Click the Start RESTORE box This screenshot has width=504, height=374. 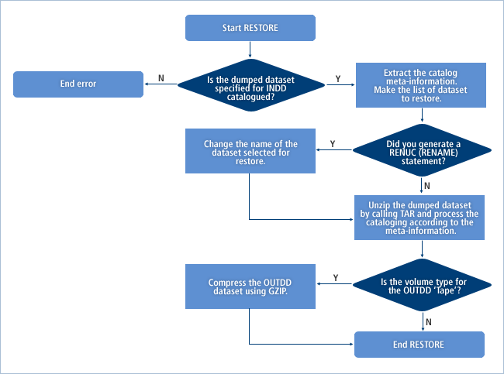[250, 28]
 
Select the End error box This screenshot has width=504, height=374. [78, 84]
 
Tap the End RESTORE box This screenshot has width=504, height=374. [419, 345]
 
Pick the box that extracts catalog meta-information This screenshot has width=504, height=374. [419, 85]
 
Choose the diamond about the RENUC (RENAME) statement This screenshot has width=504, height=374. [423, 149]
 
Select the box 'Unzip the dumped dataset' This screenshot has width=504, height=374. [419, 218]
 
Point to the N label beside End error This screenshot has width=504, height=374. [161, 78]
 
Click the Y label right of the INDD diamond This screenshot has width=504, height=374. [337, 78]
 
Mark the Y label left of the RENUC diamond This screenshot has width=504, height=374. [333, 144]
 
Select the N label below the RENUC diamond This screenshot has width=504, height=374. [429, 186]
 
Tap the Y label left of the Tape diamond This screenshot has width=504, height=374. [335, 278]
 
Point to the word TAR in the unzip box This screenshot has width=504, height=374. [407, 213]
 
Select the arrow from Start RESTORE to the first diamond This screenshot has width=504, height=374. [250, 50]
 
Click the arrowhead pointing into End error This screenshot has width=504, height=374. [147, 84]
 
